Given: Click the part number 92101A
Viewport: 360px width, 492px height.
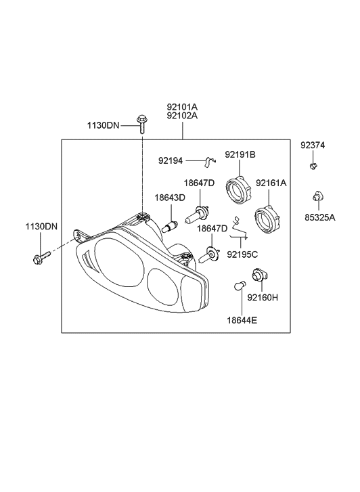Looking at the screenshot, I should coord(182,106).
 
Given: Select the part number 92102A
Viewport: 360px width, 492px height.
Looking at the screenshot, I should coord(182,116).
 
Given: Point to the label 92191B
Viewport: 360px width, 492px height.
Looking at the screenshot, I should coord(240,155).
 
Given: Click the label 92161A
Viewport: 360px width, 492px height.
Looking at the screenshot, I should coord(271,183).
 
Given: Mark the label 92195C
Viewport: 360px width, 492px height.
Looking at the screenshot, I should coord(242,255).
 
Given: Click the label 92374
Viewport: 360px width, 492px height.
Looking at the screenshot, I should coord(313,145).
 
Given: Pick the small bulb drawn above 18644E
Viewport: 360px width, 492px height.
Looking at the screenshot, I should coord(239,288).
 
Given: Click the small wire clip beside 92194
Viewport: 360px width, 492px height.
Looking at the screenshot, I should coord(210,160).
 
